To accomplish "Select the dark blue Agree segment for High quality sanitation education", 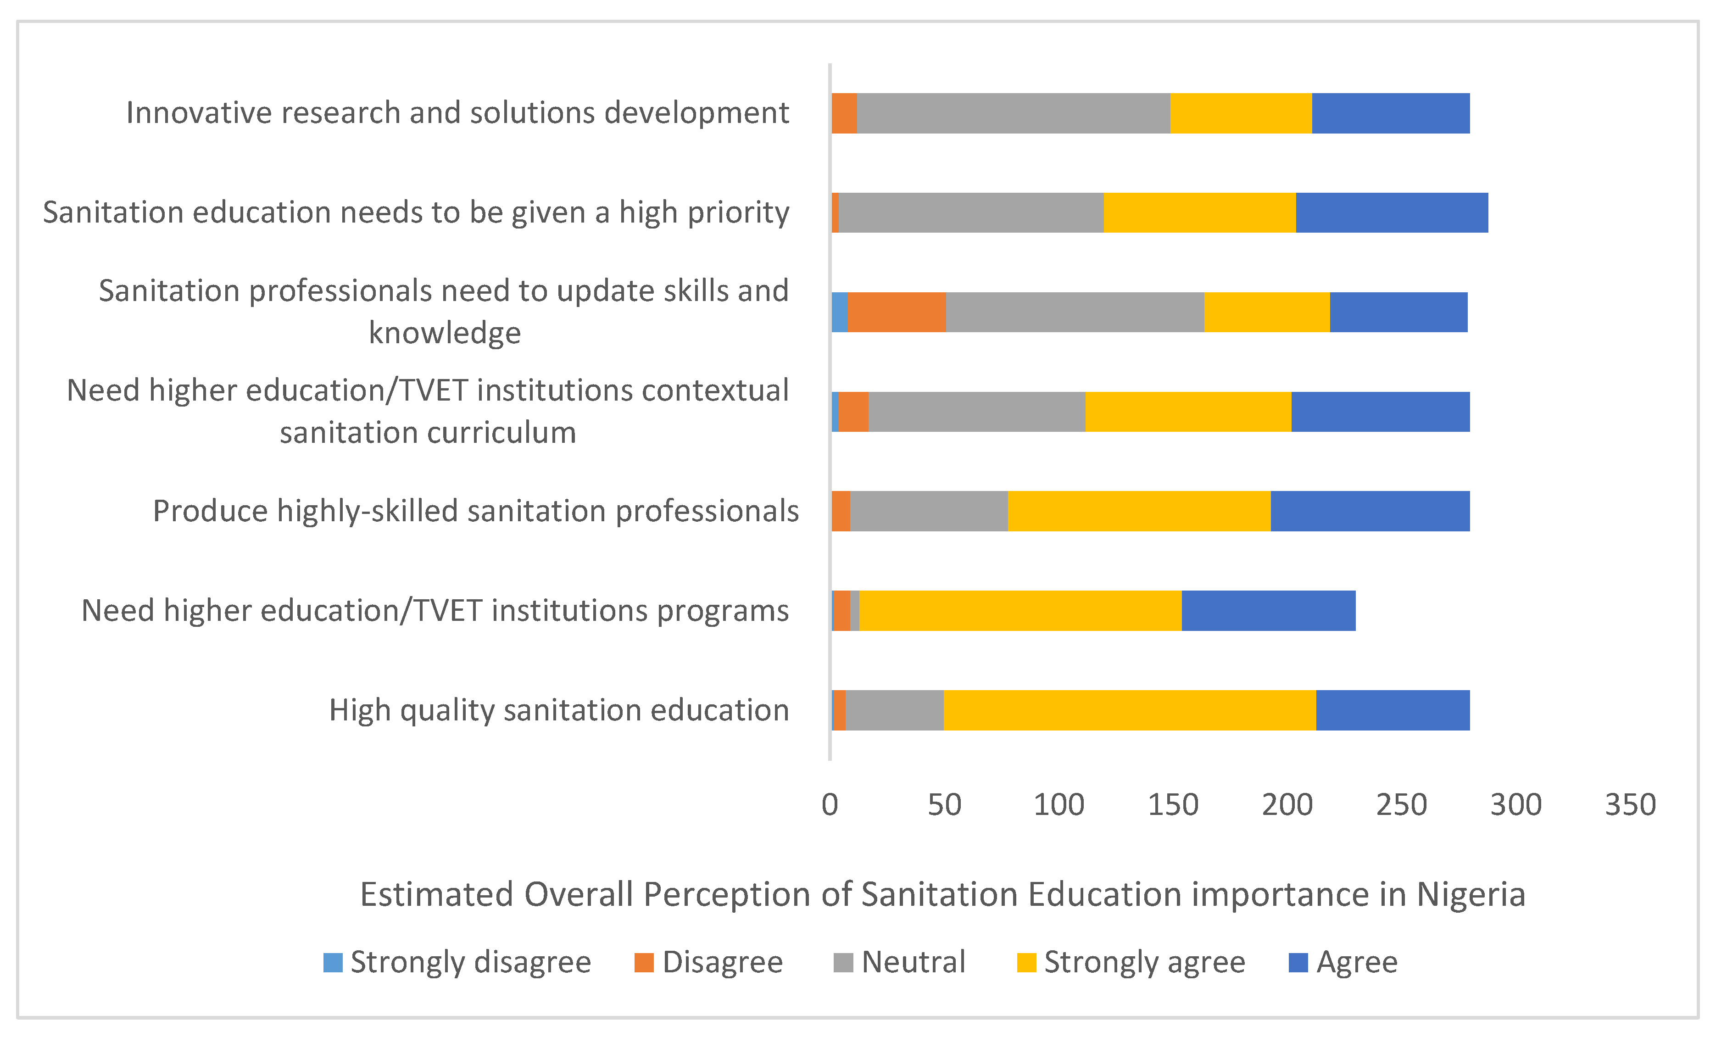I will coord(1393,710).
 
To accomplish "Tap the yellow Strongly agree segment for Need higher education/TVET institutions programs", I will coord(1020,610).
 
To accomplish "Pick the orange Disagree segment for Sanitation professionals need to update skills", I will coord(897,312).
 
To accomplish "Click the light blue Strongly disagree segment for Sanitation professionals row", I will coord(839,312).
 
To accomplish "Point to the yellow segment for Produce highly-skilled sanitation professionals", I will coord(1139,511).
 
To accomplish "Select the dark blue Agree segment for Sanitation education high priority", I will coord(1392,212).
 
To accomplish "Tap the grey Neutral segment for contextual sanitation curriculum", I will coord(977,412).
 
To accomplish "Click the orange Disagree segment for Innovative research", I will coord(844,113).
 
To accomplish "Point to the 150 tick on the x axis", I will coord(1173,805).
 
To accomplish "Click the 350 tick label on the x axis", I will coord(1630,805).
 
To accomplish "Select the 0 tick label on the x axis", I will coord(830,805).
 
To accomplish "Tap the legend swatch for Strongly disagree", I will coord(333,962).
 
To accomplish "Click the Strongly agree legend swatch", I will coord(1026,962).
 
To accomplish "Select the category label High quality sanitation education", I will coord(558,710).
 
